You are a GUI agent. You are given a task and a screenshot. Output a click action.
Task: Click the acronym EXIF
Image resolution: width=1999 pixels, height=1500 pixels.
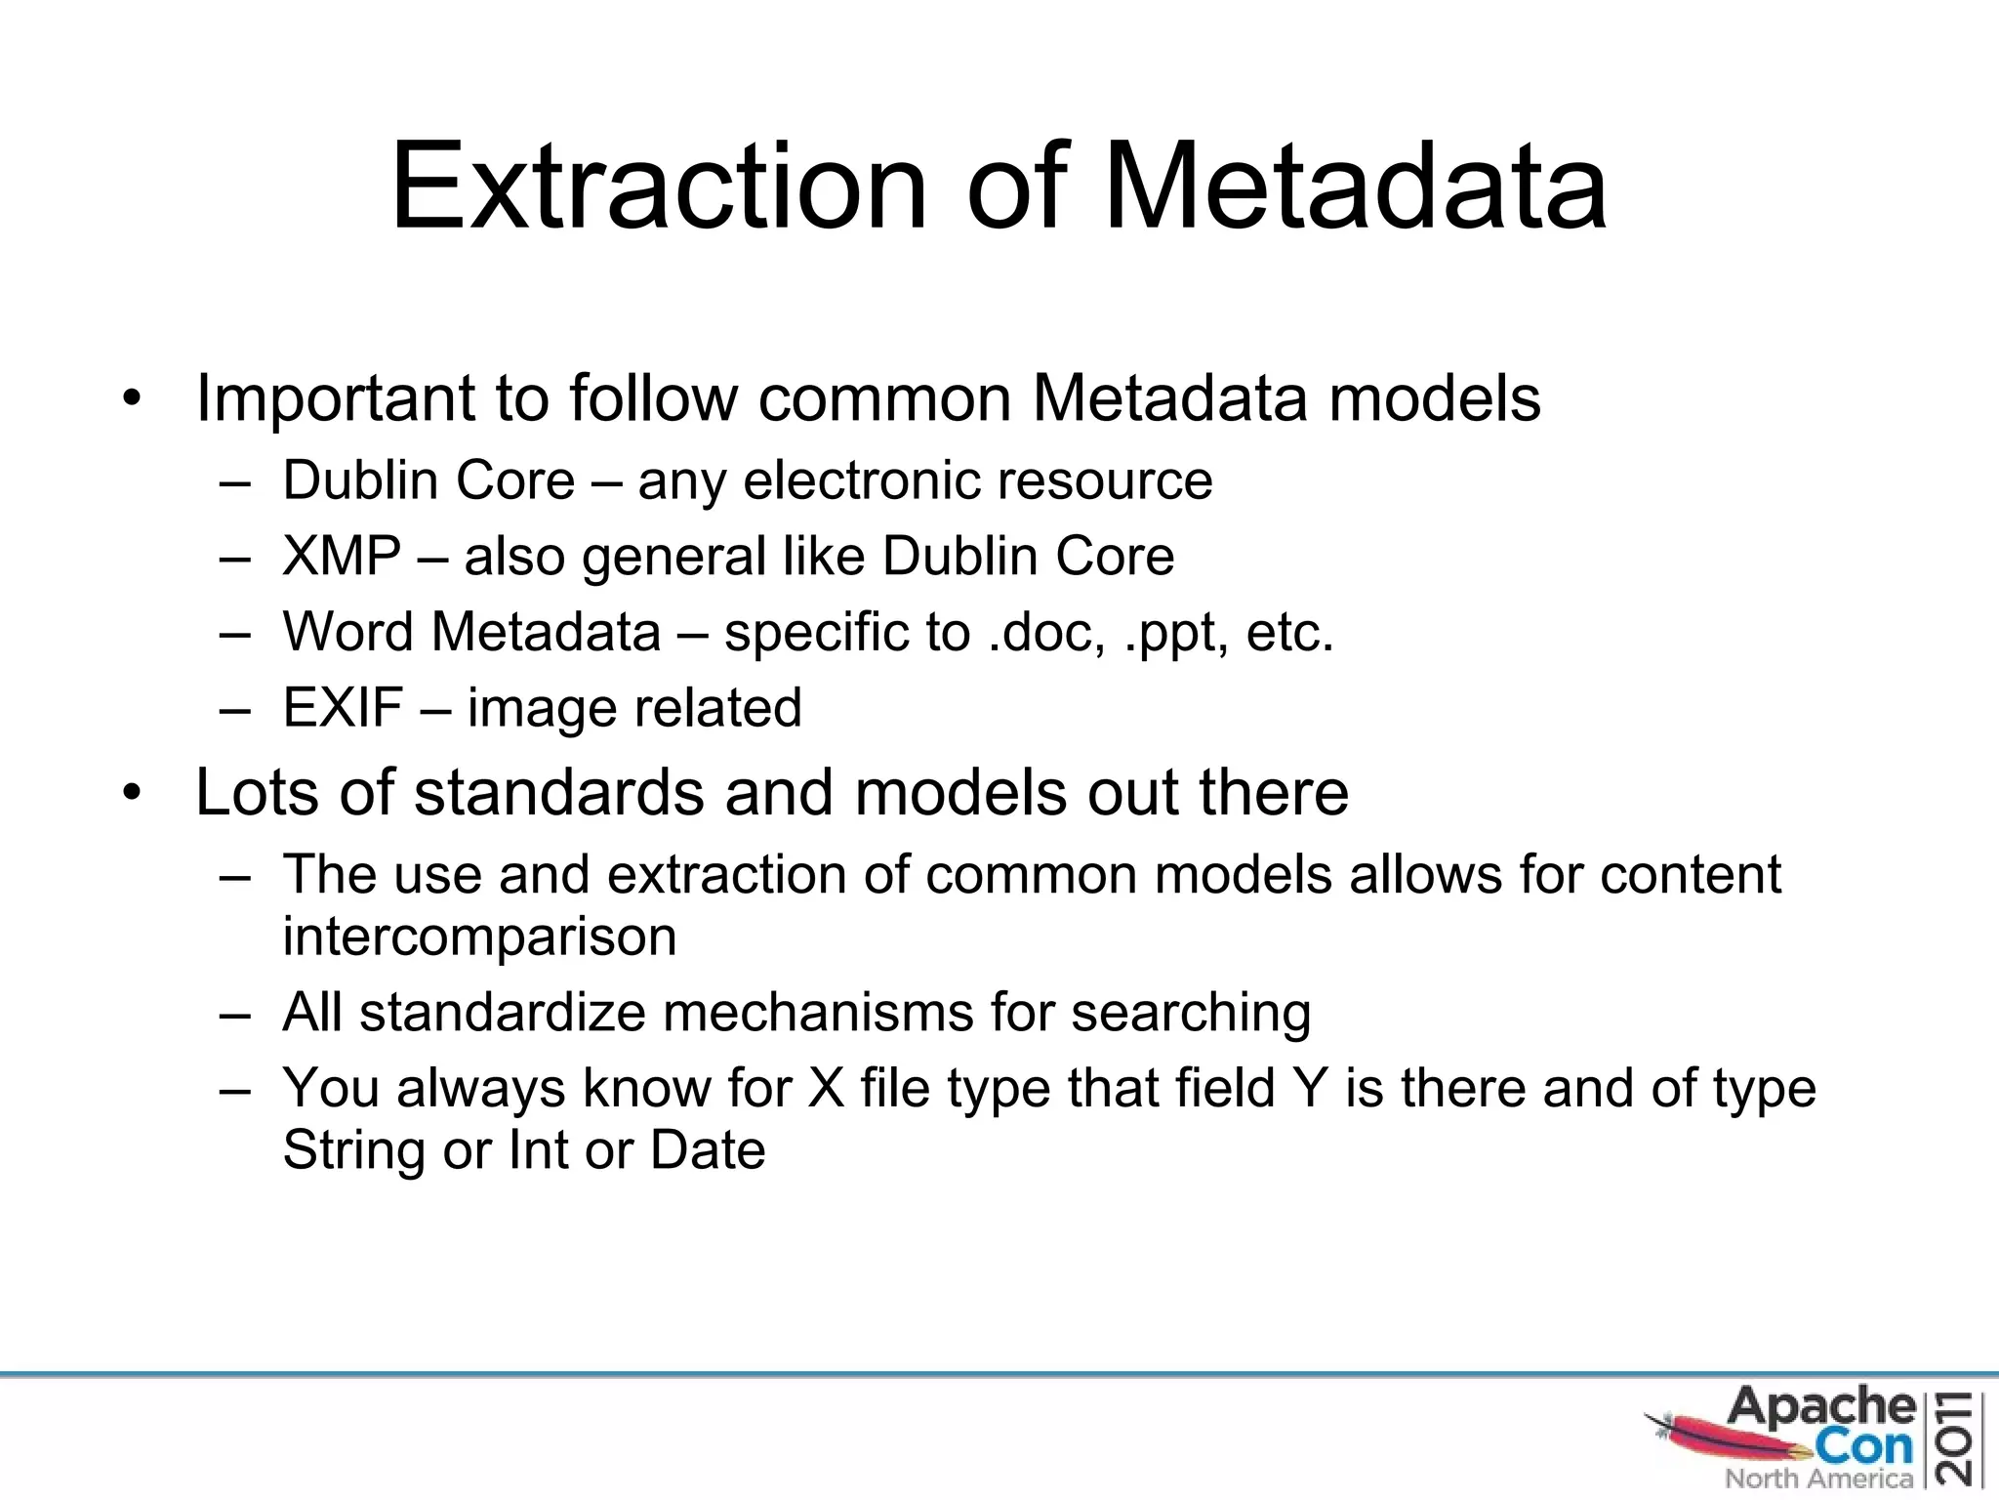click(x=343, y=708)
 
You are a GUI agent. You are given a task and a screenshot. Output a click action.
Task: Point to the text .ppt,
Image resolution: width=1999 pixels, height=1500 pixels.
click(x=1176, y=633)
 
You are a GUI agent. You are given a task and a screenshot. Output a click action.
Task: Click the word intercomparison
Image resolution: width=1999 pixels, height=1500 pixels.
click(x=479, y=937)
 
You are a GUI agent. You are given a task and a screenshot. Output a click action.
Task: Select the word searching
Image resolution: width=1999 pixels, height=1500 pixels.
click(x=1191, y=1013)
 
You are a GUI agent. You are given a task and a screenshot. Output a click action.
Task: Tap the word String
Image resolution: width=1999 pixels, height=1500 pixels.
click(x=353, y=1150)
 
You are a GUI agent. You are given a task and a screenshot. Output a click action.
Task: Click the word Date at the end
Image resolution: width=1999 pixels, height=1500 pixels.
click(x=708, y=1150)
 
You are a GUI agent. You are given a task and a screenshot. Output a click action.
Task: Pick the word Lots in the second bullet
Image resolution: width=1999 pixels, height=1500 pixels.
click(x=257, y=792)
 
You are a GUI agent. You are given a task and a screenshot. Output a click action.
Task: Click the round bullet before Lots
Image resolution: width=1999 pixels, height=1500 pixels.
click(x=133, y=792)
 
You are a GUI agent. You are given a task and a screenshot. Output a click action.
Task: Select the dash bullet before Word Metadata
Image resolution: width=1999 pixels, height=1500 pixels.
click(x=235, y=633)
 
